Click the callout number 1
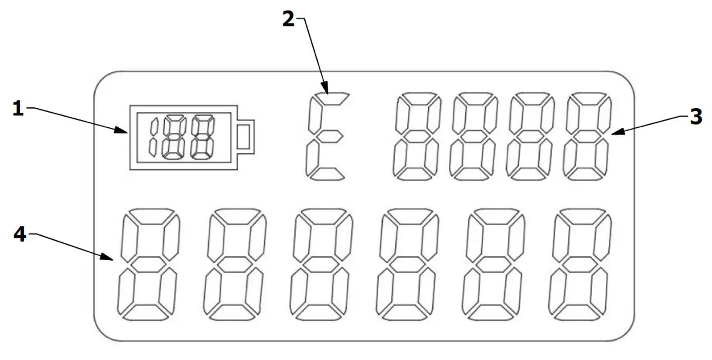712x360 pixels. [19, 108]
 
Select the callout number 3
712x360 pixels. [696, 117]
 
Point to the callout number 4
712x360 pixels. [20, 234]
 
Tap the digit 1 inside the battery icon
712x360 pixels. [153, 136]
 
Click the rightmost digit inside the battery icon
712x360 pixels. [203, 136]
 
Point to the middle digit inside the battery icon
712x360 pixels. [174, 136]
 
